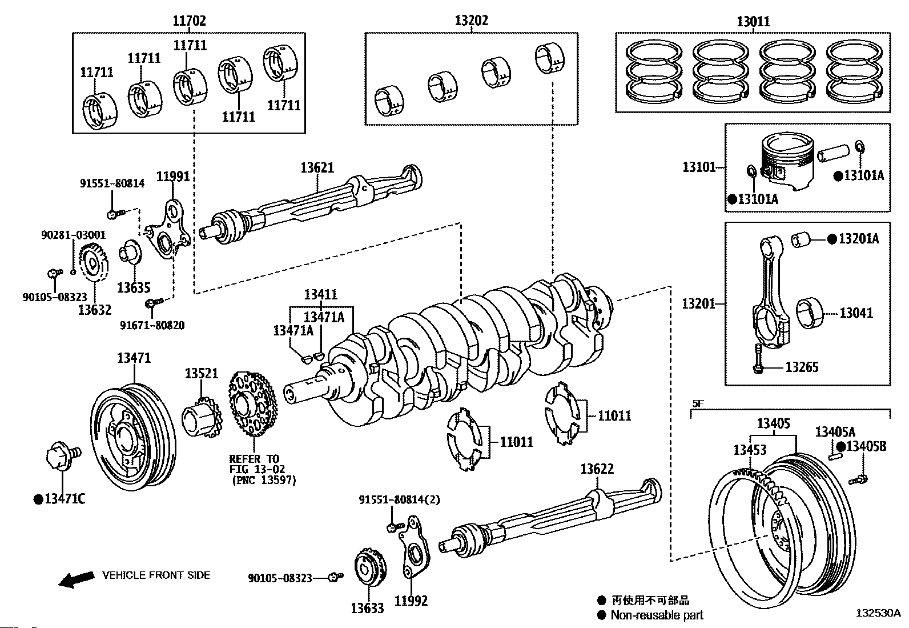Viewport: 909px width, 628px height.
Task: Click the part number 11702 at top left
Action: (x=189, y=21)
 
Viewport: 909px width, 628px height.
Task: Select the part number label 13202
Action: (x=471, y=21)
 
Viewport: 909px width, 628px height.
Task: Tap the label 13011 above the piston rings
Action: (x=753, y=22)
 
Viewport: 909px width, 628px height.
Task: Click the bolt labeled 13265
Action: (x=757, y=359)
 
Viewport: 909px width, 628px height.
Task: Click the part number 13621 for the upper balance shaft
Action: (x=317, y=167)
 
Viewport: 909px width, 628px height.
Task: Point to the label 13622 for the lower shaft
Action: (x=597, y=469)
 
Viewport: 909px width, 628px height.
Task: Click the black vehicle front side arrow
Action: (x=77, y=578)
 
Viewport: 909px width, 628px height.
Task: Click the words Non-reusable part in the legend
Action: (x=657, y=615)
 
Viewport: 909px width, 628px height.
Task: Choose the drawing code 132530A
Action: (x=877, y=613)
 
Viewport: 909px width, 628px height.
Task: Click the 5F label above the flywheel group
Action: (x=698, y=403)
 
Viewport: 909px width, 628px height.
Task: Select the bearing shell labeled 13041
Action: (x=813, y=313)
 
